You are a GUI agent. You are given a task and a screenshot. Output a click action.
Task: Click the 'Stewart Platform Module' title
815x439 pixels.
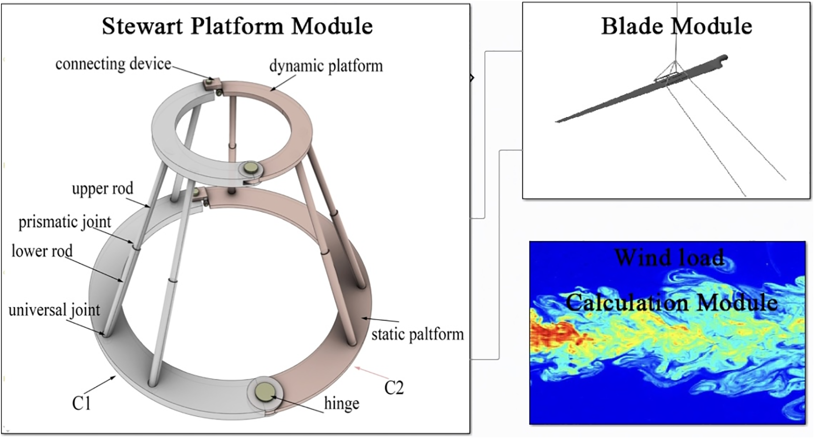tap(237, 26)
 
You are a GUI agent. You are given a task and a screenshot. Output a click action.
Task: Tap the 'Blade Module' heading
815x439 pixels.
tap(676, 26)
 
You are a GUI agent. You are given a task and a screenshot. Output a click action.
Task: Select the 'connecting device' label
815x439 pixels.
tap(113, 64)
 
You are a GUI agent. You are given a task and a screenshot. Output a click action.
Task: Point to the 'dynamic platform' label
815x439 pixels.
tap(326, 66)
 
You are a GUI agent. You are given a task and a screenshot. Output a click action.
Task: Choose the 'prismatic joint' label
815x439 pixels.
tap(65, 222)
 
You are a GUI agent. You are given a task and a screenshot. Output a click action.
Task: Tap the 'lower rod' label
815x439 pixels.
tap(42, 251)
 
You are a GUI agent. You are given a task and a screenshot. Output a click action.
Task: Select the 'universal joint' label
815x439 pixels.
tap(54, 310)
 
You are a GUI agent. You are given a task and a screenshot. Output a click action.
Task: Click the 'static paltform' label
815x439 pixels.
tap(418, 334)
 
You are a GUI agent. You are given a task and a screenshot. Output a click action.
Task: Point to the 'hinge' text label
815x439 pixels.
tap(342, 403)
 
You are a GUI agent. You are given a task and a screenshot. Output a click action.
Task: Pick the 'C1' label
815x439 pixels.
tap(81, 403)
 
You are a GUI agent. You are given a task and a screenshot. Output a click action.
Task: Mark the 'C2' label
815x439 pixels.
tap(394, 388)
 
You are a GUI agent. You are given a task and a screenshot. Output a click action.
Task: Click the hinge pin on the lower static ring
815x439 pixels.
tap(265, 393)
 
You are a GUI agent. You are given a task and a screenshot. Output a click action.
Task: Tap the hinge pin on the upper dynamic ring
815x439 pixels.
tap(251, 167)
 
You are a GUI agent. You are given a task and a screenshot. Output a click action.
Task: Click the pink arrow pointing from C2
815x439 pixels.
tap(371, 373)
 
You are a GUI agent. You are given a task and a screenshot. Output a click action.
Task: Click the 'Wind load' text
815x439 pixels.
tap(669, 257)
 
